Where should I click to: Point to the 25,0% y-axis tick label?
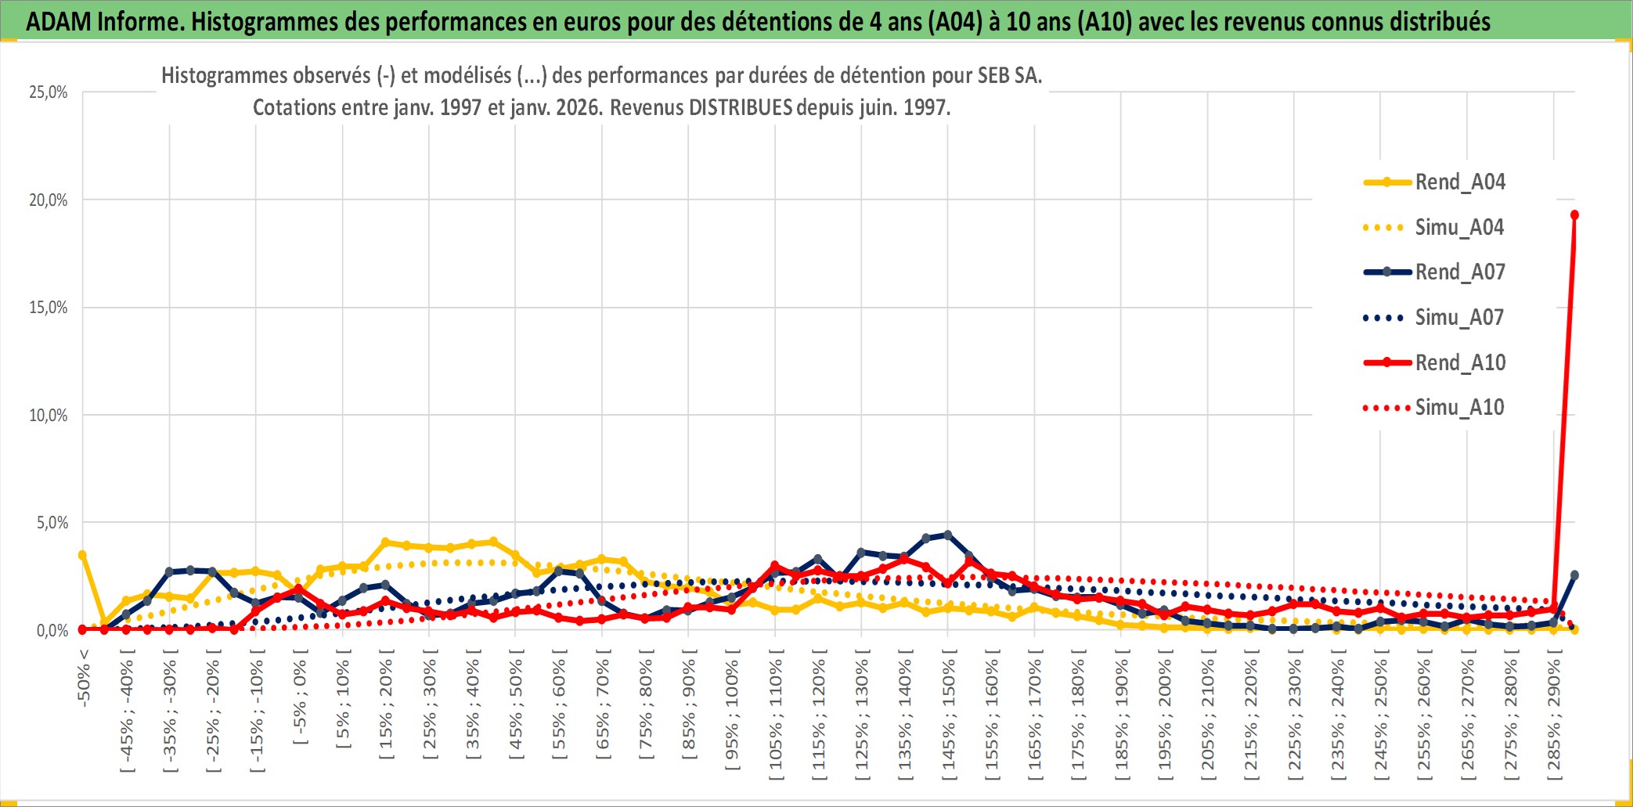point(49,92)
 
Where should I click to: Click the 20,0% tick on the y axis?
point(49,200)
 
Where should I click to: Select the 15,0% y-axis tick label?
point(49,308)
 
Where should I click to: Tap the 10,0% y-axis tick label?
point(49,416)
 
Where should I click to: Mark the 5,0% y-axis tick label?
point(52,523)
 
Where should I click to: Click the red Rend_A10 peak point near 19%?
point(1574,215)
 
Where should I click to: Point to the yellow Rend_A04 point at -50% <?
point(82,555)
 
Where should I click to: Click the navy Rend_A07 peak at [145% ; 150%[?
point(948,535)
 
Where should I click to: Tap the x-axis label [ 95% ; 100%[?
point(732,714)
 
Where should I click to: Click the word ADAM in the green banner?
point(59,22)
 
